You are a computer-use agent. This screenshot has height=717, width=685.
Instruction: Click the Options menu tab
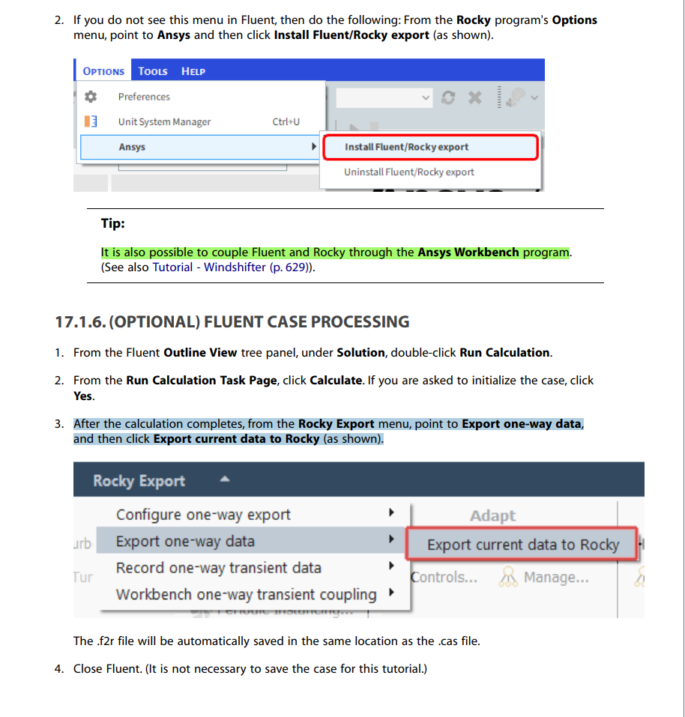tap(103, 71)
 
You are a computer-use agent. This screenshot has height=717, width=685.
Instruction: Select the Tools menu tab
tap(153, 71)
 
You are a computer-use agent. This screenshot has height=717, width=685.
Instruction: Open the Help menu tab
tap(193, 71)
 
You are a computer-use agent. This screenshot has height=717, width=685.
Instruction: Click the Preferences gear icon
tap(91, 97)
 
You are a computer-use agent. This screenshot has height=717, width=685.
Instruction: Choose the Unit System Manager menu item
tap(164, 121)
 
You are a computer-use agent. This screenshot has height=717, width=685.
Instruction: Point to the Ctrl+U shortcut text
tap(286, 121)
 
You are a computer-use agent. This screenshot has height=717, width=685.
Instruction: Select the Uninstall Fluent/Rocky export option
tap(409, 172)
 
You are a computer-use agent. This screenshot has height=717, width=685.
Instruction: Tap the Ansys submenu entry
tap(132, 147)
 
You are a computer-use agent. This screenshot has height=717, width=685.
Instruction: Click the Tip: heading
tap(113, 223)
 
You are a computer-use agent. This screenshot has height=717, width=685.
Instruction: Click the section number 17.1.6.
tap(80, 322)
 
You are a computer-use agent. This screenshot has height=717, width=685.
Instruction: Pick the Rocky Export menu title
tap(139, 481)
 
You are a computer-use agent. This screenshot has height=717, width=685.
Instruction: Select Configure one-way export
tap(203, 515)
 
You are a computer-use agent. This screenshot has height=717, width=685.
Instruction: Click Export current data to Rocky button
tap(522, 545)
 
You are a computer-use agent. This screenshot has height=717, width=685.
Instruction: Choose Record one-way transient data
tap(218, 568)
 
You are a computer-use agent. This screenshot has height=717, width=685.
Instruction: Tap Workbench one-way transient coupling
tap(246, 595)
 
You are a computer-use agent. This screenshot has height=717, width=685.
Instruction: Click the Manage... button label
tap(555, 578)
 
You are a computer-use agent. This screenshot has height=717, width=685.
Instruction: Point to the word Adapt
tap(492, 515)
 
